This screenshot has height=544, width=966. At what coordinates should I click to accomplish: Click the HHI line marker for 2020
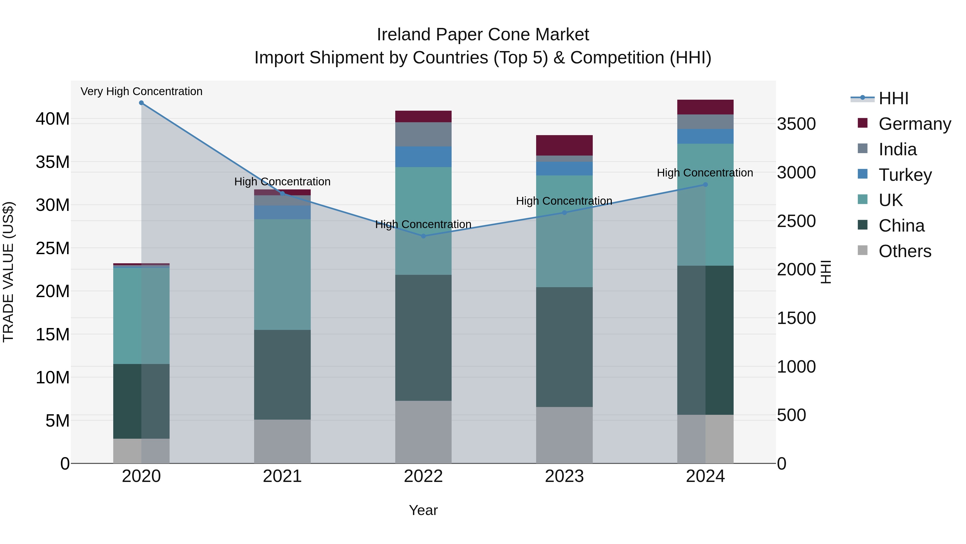[x=141, y=103]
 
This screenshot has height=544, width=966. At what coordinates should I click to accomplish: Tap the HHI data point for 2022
[x=423, y=236]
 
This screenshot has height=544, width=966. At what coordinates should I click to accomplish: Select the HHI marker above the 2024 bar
[x=705, y=185]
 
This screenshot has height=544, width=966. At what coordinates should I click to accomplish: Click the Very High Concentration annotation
[x=141, y=92]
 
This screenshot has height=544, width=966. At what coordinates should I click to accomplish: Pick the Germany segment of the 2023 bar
[x=564, y=145]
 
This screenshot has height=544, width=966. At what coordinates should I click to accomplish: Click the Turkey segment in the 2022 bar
[x=423, y=157]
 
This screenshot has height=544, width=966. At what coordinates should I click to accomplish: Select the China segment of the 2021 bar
[x=282, y=375]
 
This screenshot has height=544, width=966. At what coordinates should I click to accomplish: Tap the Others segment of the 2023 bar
[x=564, y=435]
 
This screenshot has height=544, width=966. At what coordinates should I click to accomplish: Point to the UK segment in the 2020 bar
[x=141, y=316]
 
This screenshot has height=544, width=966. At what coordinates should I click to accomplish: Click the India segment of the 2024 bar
[x=705, y=122]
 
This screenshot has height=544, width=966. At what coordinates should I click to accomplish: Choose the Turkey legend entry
[x=905, y=175]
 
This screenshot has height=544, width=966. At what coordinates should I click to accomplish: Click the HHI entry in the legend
[x=893, y=98]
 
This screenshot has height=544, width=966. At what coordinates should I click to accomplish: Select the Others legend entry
[x=905, y=251]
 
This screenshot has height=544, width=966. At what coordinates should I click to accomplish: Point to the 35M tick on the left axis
[x=53, y=162]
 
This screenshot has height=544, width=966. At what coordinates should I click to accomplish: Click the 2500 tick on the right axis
[x=796, y=221]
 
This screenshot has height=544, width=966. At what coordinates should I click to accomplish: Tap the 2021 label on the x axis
[x=282, y=476]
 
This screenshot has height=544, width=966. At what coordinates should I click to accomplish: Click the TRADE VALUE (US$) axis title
[x=8, y=272]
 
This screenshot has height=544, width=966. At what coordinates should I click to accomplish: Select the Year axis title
[x=423, y=510]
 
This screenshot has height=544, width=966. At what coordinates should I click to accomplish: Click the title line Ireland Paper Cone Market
[x=483, y=35]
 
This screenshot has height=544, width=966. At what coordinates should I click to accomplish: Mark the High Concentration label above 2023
[x=564, y=201]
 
